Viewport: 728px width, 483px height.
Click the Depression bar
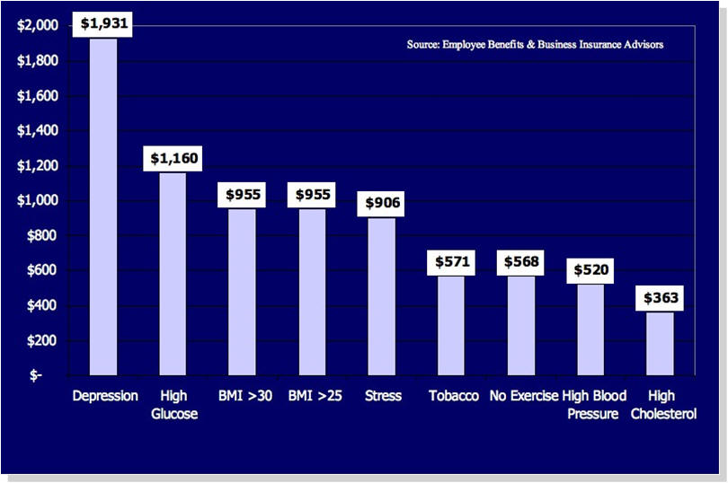tap(103, 206)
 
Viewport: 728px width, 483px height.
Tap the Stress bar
tap(382, 296)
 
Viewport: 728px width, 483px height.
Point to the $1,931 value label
tap(104, 25)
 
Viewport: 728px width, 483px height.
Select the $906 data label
tap(382, 204)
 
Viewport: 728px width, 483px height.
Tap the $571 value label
tap(451, 263)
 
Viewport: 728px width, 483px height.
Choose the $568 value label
tap(521, 263)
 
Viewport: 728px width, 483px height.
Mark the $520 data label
tap(591, 271)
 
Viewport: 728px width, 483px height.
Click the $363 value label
tap(661, 299)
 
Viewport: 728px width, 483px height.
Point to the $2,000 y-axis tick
tap(38, 26)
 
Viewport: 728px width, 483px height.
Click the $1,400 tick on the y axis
tap(38, 131)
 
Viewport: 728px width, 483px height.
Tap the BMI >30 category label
tap(243, 396)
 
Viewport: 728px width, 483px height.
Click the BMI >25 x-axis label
tap(313, 396)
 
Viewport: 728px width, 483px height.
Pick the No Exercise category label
tap(523, 396)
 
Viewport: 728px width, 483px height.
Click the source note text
tap(535, 44)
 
